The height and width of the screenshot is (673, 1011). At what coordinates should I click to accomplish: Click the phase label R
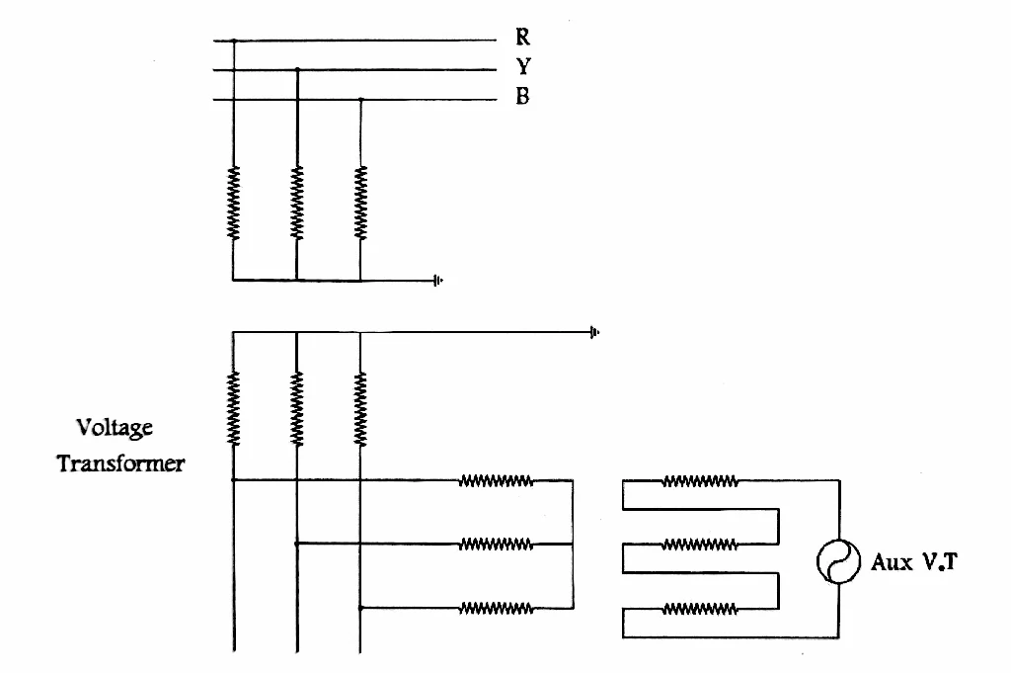pyautogui.click(x=523, y=37)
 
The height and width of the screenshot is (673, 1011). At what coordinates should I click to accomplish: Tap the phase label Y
pyautogui.click(x=523, y=66)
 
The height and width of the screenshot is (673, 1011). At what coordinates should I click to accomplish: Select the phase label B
pyautogui.click(x=522, y=96)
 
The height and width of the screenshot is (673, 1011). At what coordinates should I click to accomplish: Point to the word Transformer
pyautogui.click(x=120, y=463)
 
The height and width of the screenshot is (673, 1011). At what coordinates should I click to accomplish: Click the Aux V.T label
pyautogui.click(x=914, y=562)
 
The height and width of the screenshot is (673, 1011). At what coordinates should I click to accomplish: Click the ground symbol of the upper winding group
pyautogui.click(x=438, y=280)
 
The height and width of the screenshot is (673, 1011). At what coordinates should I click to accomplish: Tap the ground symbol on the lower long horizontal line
pyautogui.click(x=594, y=332)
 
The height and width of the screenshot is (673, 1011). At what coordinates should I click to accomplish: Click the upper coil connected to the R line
pyautogui.click(x=233, y=204)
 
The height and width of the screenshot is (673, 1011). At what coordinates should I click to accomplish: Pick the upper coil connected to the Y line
pyautogui.click(x=296, y=204)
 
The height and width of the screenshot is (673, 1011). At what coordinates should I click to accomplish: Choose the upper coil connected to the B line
pyautogui.click(x=360, y=204)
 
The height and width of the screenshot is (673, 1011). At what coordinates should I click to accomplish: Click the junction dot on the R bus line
pyautogui.click(x=234, y=41)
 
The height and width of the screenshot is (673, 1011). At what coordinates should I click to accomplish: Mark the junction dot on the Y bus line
pyautogui.click(x=297, y=69)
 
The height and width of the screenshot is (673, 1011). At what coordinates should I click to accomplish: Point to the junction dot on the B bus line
pyautogui.click(x=361, y=100)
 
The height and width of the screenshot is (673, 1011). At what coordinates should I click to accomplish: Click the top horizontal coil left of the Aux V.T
pyautogui.click(x=700, y=481)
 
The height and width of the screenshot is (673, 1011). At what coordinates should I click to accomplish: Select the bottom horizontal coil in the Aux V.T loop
pyautogui.click(x=700, y=609)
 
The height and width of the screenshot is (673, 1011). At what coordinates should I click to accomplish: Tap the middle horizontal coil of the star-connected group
pyautogui.click(x=497, y=545)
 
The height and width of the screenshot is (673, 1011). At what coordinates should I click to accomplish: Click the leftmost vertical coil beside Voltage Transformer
pyautogui.click(x=233, y=408)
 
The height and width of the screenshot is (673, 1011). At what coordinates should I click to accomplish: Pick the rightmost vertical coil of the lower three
pyautogui.click(x=360, y=408)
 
